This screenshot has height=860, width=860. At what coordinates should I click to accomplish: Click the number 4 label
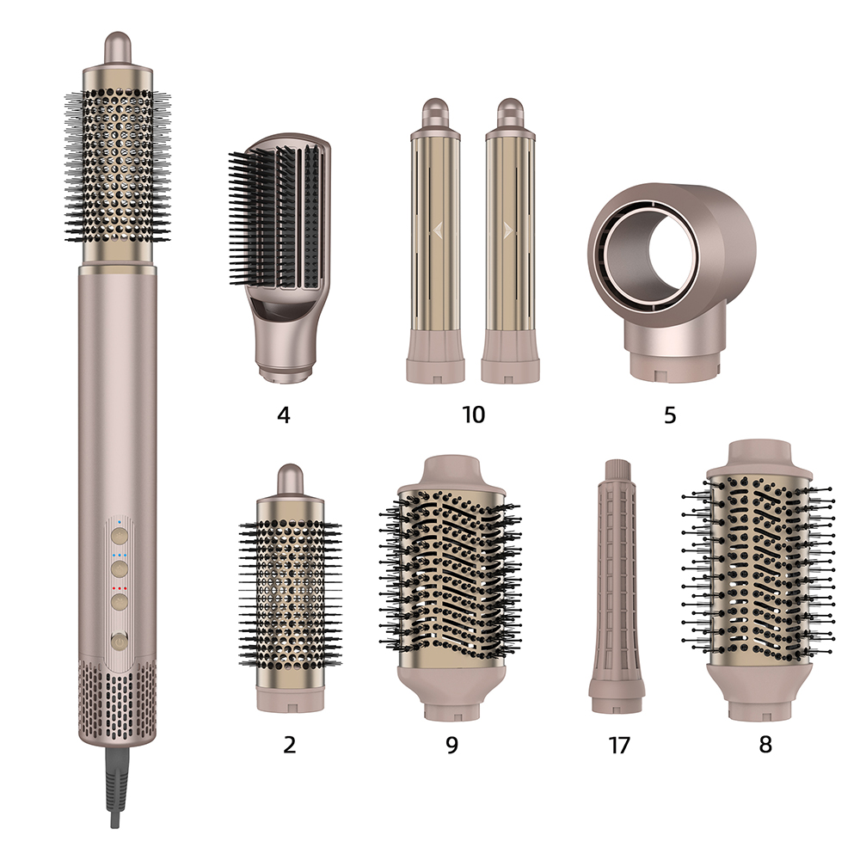tap(283, 415)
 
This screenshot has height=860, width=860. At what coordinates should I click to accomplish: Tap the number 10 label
tap(473, 415)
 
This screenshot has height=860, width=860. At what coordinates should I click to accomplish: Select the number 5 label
tap(670, 415)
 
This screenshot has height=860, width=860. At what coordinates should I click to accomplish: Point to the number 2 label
tap(289, 744)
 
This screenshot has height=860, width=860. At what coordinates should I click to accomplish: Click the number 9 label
tap(451, 745)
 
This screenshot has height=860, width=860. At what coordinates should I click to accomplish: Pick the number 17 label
tap(618, 745)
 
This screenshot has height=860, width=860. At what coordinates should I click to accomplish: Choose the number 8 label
tap(765, 744)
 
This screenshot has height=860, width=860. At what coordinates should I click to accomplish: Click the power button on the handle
tap(120, 641)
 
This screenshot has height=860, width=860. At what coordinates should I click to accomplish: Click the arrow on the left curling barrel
tap(437, 230)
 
